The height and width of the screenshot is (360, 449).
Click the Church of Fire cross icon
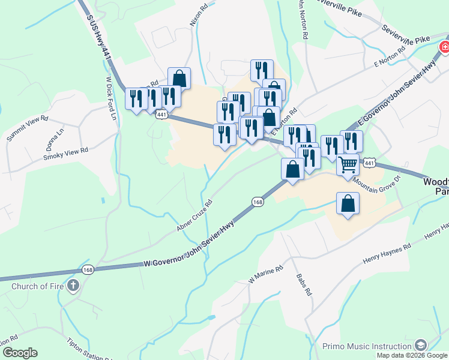point(73,285)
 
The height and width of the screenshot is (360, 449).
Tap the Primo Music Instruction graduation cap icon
point(421,345)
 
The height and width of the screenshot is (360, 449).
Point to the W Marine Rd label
point(267,274)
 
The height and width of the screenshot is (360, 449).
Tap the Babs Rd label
point(304,285)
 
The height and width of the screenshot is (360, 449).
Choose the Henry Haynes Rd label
point(387,254)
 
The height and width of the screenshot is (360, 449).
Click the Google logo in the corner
point(20,353)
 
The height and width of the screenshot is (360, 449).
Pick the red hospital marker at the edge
point(444,47)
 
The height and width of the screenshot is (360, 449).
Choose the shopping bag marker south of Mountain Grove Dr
point(348,203)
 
